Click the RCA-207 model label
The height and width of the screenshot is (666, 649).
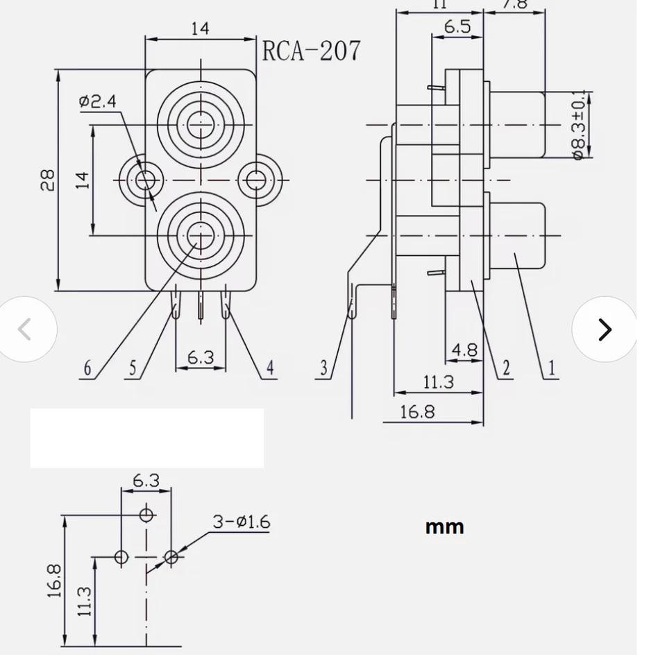click(x=312, y=51)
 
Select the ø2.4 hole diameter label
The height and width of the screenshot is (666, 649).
click(x=98, y=101)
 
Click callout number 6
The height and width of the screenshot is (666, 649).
click(x=87, y=368)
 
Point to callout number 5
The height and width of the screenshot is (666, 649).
click(x=133, y=368)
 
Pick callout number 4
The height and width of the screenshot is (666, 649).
click(x=271, y=368)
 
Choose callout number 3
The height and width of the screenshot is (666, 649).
click(x=323, y=368)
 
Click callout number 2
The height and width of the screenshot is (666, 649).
click(x=506, y=368)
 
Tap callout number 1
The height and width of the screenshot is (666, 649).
click(x=552, y=368)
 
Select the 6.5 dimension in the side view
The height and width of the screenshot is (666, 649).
click(x=457, y=27)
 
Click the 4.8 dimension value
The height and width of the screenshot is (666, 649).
click(x=464, y=350)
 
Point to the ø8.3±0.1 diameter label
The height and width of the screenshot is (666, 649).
click(x=580, y=125)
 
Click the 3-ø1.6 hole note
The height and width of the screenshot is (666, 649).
click(x=241, y=522)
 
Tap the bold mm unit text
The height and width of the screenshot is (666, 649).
click(x=444, y=527)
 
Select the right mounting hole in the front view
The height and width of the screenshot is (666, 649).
click(x=256, y=180)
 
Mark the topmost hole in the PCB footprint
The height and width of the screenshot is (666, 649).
click(x=146, y=515)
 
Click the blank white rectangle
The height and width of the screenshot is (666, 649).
click(x=146, y=438)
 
